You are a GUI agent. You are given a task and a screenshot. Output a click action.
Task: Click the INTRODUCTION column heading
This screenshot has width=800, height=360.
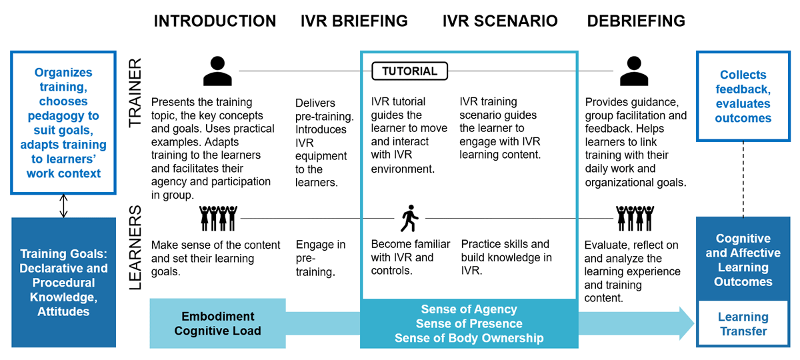coord(215,21)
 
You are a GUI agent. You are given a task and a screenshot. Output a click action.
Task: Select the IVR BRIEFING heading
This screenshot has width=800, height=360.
coord(354,21)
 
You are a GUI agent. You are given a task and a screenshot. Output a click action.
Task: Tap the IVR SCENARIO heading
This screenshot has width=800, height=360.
coord(500,21)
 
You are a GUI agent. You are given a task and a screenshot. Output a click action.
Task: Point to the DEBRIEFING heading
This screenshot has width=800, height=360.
coord(636,21)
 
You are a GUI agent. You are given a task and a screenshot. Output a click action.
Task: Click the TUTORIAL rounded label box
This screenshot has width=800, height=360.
coord(409,71)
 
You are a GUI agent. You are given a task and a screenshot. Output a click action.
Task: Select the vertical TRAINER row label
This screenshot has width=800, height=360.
coord(135,93)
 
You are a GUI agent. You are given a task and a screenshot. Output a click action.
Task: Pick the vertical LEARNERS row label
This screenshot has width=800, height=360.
coord(135,247)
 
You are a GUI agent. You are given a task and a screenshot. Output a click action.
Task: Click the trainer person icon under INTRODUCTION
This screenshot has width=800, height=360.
coord(217,71)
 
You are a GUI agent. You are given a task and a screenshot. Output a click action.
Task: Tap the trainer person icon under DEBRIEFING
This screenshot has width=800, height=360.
coord(634,71)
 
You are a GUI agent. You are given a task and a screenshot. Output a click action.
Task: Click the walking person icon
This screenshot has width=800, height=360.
coord(409,218)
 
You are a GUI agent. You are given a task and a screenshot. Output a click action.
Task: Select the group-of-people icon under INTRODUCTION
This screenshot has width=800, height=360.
coord(218,218)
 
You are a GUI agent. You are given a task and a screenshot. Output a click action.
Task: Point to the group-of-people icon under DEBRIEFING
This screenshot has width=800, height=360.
coord(635,218)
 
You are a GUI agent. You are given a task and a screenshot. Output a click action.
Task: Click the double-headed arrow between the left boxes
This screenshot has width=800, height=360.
coord(63,206)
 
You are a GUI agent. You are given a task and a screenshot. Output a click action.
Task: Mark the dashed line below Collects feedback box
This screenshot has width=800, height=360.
coord(743,179)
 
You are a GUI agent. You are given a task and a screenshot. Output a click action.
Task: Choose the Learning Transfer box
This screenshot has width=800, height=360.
coord(743,323)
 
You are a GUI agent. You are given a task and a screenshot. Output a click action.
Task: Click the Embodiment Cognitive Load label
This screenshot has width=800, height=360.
coord(218,323)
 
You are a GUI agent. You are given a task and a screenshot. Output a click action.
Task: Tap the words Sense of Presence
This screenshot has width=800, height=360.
coord(469,323)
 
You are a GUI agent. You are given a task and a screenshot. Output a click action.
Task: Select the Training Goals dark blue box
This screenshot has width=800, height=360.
coord(63,283)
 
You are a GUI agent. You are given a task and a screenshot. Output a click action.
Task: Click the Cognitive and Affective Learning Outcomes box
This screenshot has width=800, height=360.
coord(743,259)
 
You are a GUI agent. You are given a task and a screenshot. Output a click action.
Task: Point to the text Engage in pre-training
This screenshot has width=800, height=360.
coord(321,258)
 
